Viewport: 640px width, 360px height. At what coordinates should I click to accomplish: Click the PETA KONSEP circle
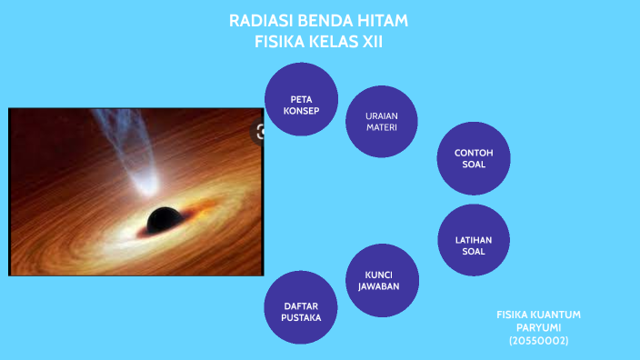coord(302,99)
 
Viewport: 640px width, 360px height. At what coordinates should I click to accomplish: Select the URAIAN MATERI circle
coord(382,122)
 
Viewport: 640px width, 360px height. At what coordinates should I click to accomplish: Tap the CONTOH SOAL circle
coord(473,158)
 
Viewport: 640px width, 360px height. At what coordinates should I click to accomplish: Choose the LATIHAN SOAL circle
coord(473,240)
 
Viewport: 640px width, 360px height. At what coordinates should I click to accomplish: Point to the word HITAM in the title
coord(382,21)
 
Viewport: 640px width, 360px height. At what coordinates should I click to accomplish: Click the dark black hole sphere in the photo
coord(164,219)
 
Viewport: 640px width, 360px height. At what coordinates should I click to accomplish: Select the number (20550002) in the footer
coord(538,340)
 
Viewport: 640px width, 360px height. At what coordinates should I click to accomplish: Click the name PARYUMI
coord(538,327)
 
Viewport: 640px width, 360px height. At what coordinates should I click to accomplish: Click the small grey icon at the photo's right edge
coord(260,133)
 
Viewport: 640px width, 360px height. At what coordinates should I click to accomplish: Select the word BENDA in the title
coord(323,21)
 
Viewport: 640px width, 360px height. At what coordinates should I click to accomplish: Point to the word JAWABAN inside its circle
coord(382,286)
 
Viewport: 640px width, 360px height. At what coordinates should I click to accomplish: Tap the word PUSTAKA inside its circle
coord(301,318)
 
